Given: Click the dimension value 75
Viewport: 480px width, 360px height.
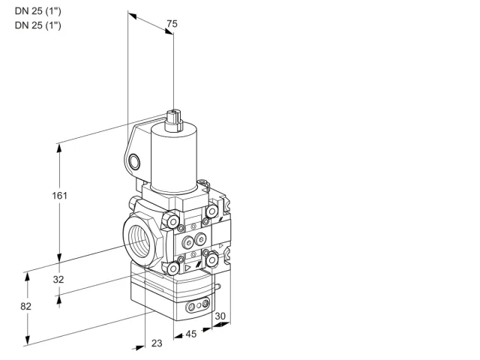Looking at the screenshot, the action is click(x=172, y=24).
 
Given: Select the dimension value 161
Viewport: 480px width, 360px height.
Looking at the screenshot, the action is click(x=59, y=195).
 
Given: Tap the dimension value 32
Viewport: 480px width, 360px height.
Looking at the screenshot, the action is click(x=58, y=279).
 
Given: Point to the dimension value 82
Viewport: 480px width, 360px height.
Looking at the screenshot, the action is click(x=26, y=306).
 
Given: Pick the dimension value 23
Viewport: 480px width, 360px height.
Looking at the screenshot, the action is click(x=157, y=343).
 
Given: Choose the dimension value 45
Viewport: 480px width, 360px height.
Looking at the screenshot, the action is click(x=191, y=334).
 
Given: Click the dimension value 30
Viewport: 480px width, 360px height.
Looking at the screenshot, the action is click(x=220, y=316).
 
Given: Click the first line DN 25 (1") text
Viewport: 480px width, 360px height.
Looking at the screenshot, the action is click(x=38, y=11).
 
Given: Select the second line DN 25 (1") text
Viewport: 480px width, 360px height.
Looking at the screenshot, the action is click(x=38, y=25).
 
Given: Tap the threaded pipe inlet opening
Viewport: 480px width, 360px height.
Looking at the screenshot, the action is click(x=139, y=241).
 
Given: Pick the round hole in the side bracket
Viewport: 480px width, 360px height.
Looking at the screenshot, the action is click(x=134, y=161).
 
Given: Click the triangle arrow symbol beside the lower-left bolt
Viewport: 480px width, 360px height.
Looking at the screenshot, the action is click(x=187, y=268).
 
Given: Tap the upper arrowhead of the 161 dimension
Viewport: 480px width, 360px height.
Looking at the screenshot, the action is click(x=59, y=148).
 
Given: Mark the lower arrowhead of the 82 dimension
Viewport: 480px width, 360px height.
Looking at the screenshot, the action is click(x=28, y=340).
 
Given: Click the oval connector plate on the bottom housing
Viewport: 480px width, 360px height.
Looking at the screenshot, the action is click(x=198, y=304).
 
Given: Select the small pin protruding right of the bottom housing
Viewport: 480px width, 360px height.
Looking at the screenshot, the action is click(x=217, y=286).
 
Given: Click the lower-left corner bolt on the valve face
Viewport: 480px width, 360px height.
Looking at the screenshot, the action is click(x=173, y=268).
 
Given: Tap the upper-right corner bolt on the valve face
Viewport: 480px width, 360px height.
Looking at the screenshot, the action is click(x=211, y=211).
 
